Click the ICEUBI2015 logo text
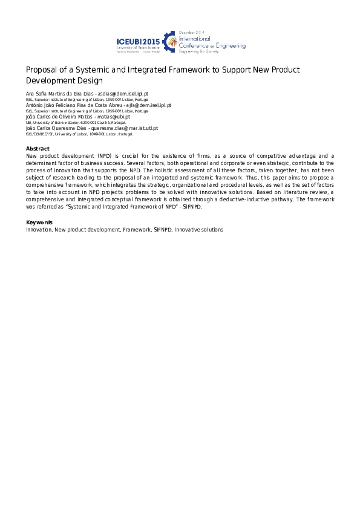tap(138, 41)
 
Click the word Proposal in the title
tap(42, 70)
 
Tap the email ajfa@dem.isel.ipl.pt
tap(148, 105)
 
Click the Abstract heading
tap(38, 149)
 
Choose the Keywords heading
tap(39, 222)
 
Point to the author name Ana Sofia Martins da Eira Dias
tap(58, 94)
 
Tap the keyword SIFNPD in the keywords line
tap(160, 230)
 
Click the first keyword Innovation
tap(39, 230)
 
